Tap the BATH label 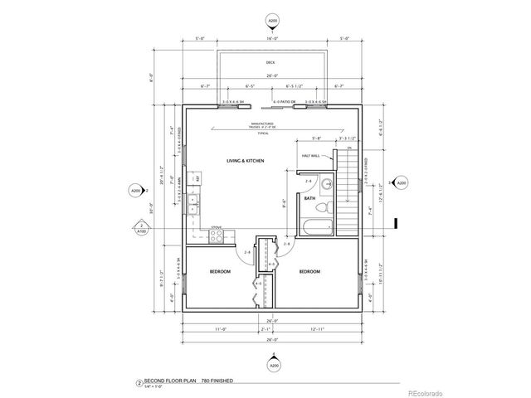coord(309,199)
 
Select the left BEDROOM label coord(220,272)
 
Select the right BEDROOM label coord(309,272)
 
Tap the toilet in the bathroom coord(326,183)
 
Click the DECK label coord(270,63)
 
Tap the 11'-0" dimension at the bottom coord(221,330)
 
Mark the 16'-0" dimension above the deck coord(270,38)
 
